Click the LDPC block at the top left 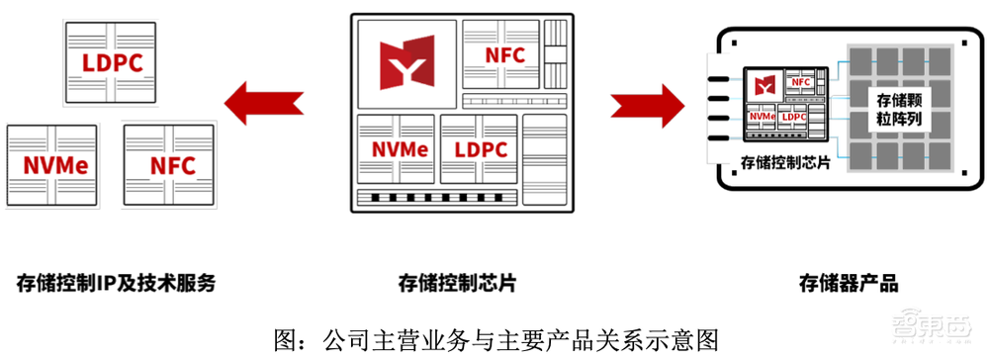111,63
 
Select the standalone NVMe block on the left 51,165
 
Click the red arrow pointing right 648,103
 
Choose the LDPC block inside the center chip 480,150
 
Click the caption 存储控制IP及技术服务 116,284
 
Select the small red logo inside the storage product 764,83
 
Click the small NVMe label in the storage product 761,116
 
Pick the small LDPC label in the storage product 793,116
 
